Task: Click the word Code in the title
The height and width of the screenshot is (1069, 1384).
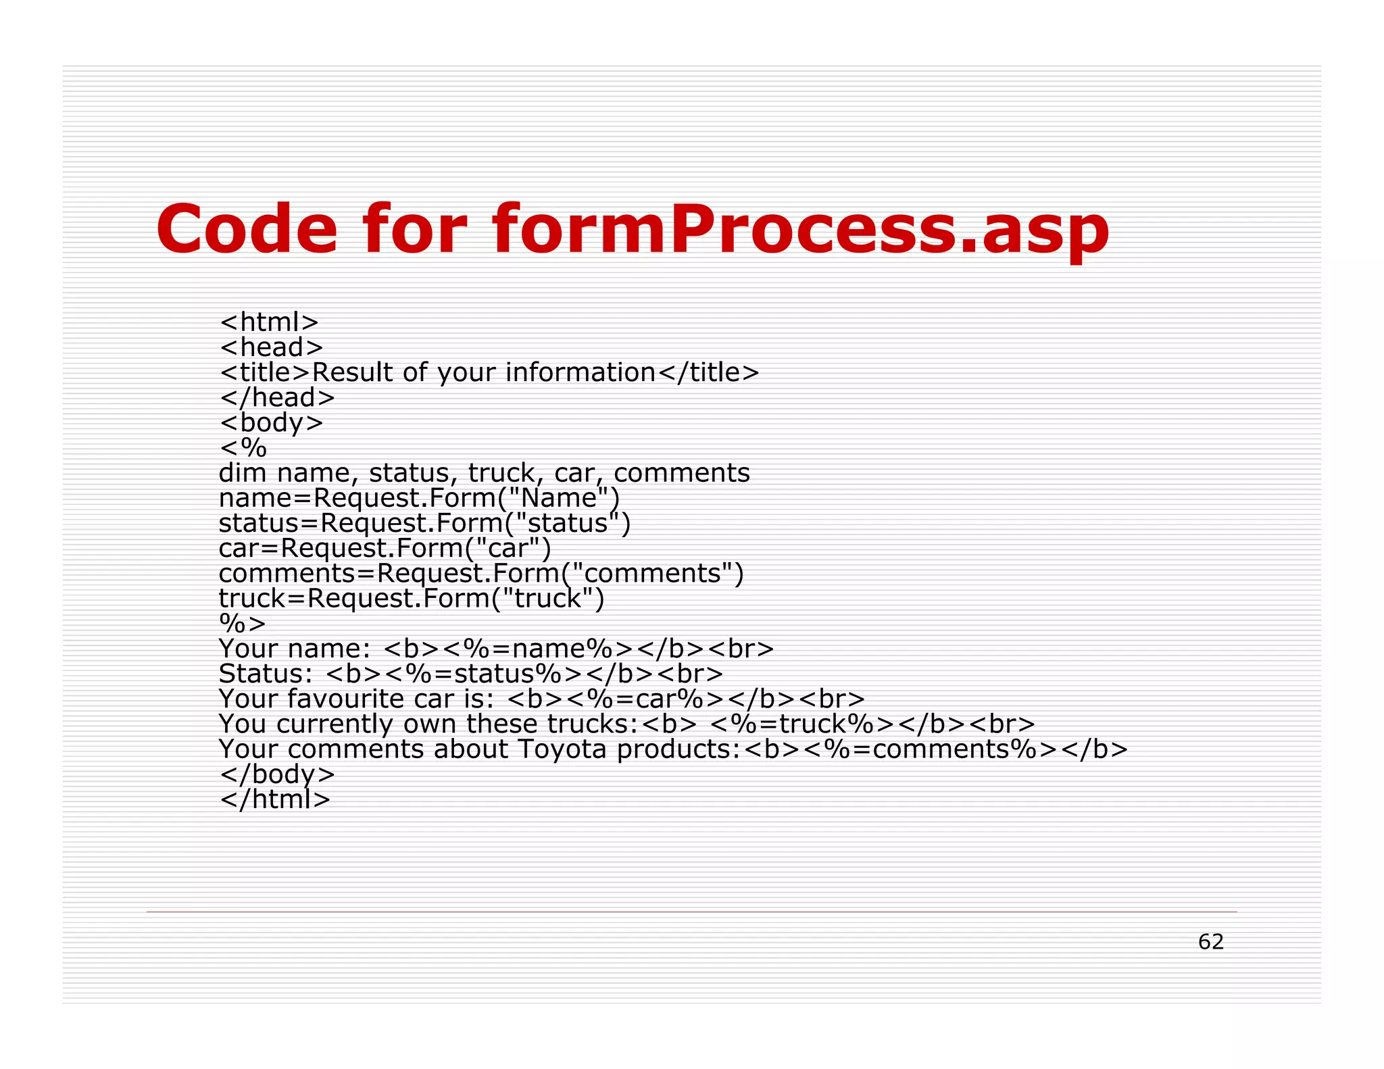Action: (247, 229)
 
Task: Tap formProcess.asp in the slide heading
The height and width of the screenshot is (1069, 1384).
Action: (800, 230)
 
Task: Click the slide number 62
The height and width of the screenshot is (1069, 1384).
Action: (1210, 941)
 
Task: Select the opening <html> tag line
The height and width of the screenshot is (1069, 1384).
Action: (269, 322)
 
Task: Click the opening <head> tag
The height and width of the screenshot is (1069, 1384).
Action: (272, 347)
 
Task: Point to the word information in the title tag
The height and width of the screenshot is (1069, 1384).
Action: (580, 372)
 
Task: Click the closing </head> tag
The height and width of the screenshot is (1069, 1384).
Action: (277, 397)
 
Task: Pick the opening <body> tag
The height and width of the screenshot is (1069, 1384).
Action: (272, 423)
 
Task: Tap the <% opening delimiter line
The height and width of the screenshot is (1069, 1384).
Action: (243, 448)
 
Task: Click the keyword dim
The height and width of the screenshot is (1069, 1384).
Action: (242, 473)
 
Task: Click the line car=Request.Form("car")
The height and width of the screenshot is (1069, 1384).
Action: (385, 548)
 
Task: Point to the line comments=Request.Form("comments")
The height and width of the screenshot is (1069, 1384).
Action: (480, 573)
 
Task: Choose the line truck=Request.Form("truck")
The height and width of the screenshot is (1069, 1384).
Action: (411, 598)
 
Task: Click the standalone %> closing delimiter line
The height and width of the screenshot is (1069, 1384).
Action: (242, 623)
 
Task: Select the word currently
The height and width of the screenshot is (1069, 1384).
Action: (335, 724)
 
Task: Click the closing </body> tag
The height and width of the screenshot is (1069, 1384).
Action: (277, 774)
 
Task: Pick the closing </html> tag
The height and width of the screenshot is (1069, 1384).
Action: (275, 799)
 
